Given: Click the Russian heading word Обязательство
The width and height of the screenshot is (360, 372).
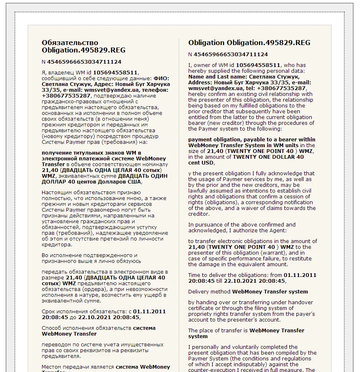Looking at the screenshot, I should click(x=70, y=43).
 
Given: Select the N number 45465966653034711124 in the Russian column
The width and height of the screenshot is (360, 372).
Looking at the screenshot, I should click(x=84, y=62).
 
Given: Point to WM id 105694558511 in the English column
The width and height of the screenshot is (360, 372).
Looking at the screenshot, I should click(x=258, y=65).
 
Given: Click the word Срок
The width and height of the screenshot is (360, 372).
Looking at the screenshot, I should click(x=48, y=311).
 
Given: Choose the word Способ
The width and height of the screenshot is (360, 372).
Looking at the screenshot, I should click(x=52, y=328).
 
